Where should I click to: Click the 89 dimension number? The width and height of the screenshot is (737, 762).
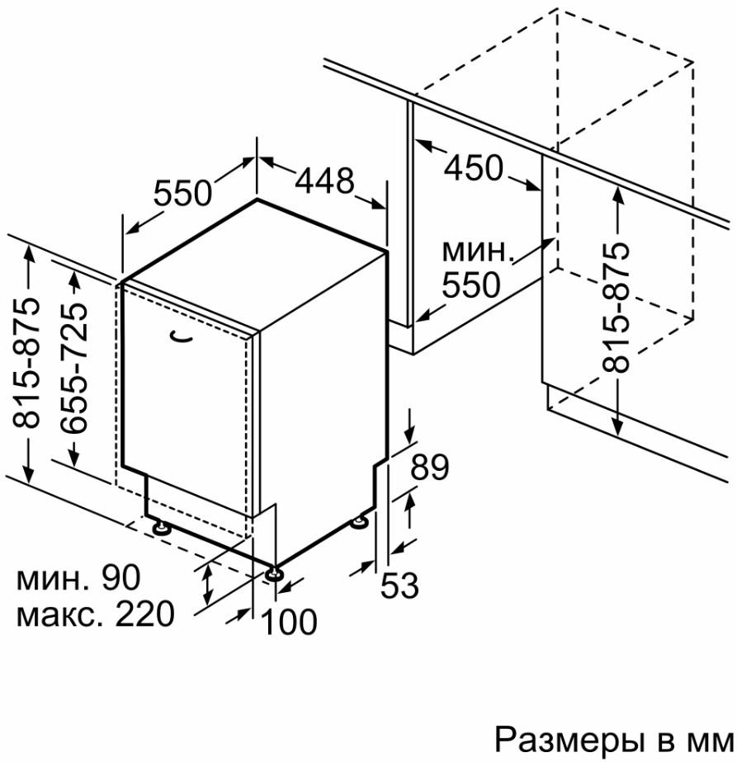429,468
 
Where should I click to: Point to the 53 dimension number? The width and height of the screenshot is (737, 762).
399,586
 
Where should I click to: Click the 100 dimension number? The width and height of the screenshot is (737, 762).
289,622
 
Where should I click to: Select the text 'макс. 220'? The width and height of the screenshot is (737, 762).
95,614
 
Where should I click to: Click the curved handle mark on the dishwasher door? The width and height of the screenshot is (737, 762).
181,336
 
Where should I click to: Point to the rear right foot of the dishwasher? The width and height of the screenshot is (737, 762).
361,522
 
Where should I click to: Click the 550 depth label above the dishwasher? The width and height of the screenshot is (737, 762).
183,194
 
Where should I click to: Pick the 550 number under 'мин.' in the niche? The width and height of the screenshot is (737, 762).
470,285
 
